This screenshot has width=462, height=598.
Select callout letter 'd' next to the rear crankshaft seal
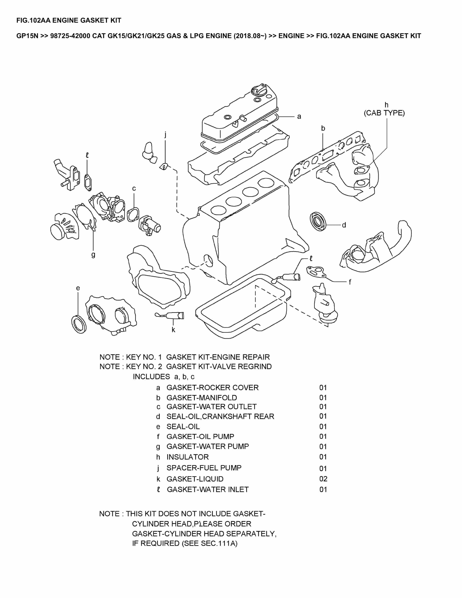click(x=344, y=225)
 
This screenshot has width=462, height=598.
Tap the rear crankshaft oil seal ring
click(x=319, y=221)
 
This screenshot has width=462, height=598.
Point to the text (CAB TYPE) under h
click(x=384, y=113)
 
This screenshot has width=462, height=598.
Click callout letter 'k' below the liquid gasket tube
click(x=173, y=330)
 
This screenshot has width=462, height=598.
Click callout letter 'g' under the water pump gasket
click(x=93, y=255)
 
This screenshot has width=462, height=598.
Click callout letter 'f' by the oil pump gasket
click(x=350, y=282)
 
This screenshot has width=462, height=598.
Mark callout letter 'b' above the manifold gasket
click(x=323, y=128)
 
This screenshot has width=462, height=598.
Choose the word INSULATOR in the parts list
click(x=187, y=457)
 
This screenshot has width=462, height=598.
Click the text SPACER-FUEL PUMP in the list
click(x=204, y=468)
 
